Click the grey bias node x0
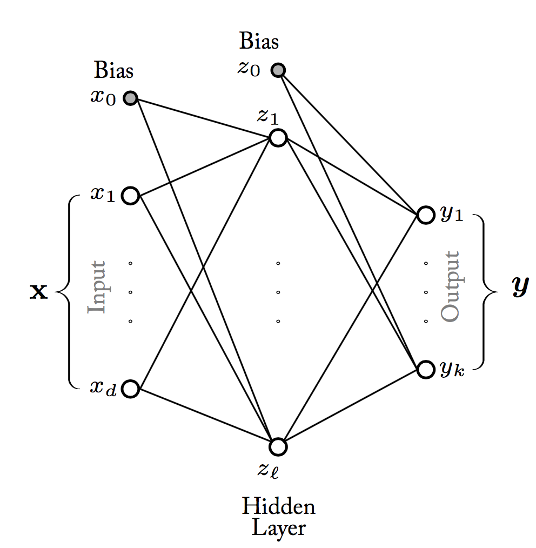(131, 98)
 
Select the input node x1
(131, 195)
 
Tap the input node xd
(131, 389)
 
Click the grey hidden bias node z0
(278, 70)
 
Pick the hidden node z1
(277, 138)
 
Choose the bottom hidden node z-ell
(277, 447)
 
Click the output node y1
(425, 215)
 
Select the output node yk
(425, 370)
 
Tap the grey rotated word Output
(450, 286)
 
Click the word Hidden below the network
(278, 507)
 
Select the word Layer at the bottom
(278, 527)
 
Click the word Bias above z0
(259, 41)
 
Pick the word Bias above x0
(113, 70)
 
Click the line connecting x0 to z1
(204, 118)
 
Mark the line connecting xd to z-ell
(204, 418)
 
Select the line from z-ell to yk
(351, 409)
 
